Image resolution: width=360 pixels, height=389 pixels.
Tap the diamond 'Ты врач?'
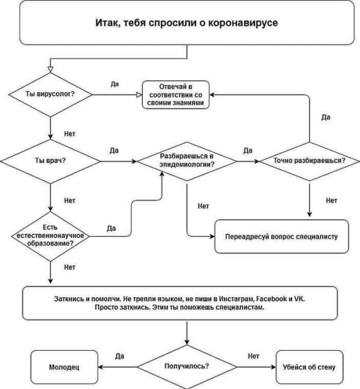click(50, 161)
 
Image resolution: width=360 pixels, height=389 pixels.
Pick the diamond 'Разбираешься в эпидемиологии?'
click(187, 161)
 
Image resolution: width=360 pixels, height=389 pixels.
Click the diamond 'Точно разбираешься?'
click(309, 161)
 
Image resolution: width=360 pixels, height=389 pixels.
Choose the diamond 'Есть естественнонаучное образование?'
click(50, 235)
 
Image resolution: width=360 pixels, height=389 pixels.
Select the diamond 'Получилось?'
click(186, 366)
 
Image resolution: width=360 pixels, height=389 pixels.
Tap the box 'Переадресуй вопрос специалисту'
click(282, 237)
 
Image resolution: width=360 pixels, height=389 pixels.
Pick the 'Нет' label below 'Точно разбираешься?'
click(331, 201)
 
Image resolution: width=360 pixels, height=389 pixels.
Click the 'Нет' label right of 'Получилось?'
click(253, 355)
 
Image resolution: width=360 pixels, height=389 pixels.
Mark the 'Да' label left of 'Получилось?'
click(119, 355)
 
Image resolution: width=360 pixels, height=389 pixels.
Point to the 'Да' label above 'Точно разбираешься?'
click(326, 116)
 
